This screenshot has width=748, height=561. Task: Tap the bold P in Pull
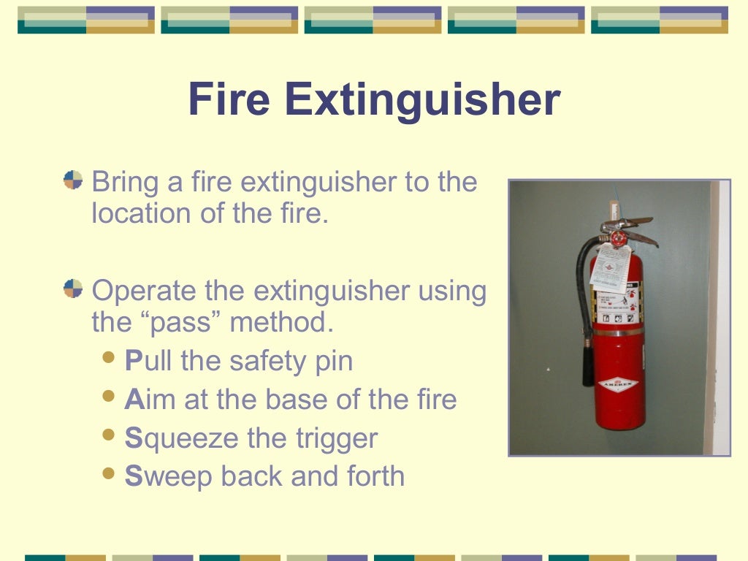click(x=132, y=361)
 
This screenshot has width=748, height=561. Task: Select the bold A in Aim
click(x=132, y=400)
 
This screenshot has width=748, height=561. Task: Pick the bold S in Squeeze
click(x=132, y=438)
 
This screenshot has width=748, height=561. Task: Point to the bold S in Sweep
click(x=132, y=476)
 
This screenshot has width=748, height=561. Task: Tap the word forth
click(x=377, y=476)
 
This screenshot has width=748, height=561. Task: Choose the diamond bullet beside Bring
click(x=73, y=180)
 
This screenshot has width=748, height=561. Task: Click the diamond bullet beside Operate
click(x=73, y=289)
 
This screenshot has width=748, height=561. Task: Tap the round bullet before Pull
click(x=110, y=359)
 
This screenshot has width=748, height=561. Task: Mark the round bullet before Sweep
click(x=110, y=474)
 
